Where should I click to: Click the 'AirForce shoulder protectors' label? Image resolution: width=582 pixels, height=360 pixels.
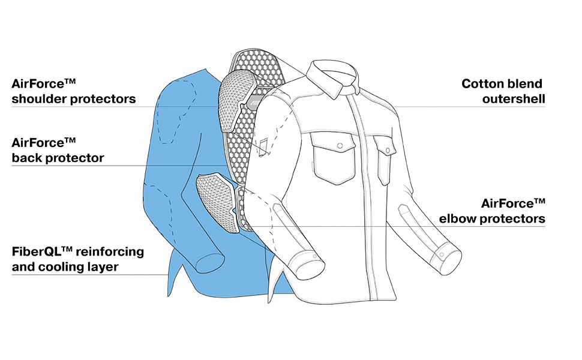point(73,91)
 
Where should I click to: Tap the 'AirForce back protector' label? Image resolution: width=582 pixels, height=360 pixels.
point(58,151)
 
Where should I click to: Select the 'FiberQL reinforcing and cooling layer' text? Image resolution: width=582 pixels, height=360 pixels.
point(77,259)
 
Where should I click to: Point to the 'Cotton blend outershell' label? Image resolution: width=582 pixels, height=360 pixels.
point(503,91)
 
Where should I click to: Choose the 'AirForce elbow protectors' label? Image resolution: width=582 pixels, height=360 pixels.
point(492,211)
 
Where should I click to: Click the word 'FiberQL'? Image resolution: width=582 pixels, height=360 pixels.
point(40,251)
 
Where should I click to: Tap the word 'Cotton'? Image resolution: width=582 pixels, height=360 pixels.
point(482,84)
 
